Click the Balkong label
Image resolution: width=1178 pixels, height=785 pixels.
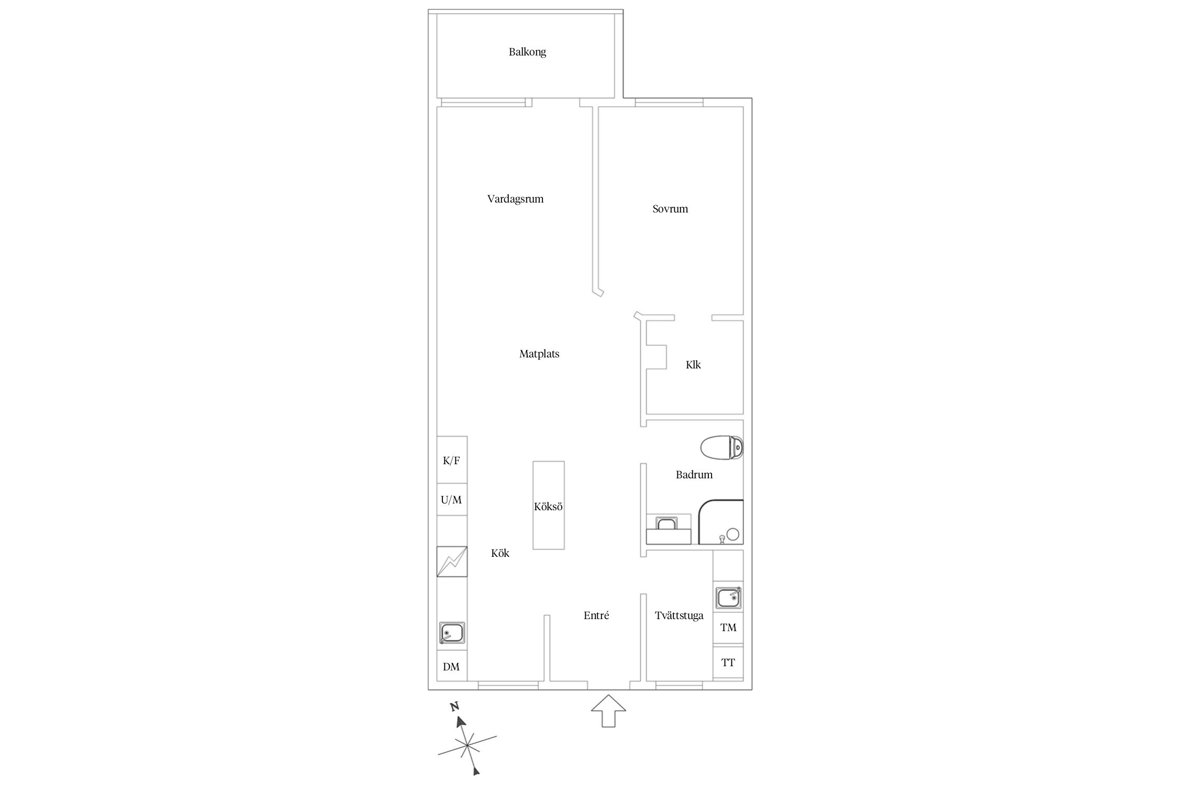point(527,52)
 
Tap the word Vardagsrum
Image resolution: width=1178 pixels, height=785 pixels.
point(515,199)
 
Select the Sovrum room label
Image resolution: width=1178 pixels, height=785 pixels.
point(670,209)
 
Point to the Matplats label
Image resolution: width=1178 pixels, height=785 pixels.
point(539,354)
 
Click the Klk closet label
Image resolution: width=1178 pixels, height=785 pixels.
point(693,365)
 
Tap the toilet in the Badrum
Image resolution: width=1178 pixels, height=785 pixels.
point(722,448)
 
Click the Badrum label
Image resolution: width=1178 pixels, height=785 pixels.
point(694,475)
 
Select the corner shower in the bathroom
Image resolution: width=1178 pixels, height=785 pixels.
point(721,522)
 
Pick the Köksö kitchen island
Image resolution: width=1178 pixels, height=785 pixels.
point(549,505)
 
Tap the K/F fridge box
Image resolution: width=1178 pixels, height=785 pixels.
point(452,460)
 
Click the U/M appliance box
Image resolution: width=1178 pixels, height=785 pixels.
point(452,500)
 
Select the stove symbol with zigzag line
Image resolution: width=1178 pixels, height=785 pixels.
point(452,562)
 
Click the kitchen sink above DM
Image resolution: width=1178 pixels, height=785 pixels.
point(452,633)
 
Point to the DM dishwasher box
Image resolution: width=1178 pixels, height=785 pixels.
point(452,666)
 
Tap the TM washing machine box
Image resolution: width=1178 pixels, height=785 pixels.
point(728,627)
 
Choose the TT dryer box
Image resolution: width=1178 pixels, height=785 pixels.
point(728,663)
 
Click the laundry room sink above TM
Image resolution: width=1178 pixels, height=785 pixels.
point(728,598)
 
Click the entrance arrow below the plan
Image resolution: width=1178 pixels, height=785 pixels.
point(608,711)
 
